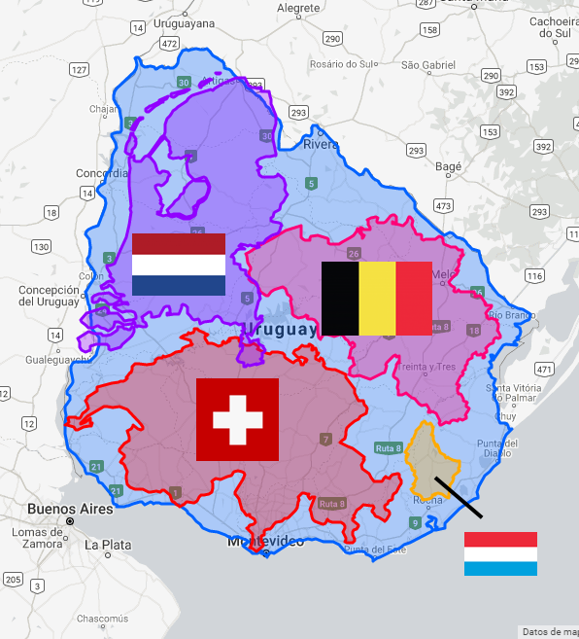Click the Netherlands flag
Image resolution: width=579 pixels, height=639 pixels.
(179, 265)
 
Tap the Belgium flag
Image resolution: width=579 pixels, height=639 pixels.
(377, 299)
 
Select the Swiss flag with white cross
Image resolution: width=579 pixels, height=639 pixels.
(237, 420)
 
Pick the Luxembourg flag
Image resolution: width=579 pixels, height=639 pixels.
(500, 553)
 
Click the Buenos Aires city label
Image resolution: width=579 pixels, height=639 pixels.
(70, 509)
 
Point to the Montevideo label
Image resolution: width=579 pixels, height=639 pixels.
(266, 541)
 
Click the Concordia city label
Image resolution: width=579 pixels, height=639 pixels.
(102, 173)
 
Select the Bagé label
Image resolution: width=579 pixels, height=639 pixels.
(448, 166)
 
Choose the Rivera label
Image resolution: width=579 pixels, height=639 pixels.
(322, 144)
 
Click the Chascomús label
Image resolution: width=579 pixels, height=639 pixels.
(102, 619)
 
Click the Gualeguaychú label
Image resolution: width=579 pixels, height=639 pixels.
(45, 359)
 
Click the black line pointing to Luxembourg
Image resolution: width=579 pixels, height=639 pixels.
(459, 497)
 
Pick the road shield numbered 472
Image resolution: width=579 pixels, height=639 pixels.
(170, 44)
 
